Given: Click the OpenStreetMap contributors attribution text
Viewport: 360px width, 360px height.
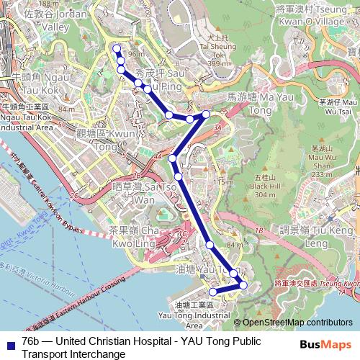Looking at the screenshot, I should pos(293,323).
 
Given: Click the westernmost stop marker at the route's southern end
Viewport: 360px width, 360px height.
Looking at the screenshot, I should pos(212,292).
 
